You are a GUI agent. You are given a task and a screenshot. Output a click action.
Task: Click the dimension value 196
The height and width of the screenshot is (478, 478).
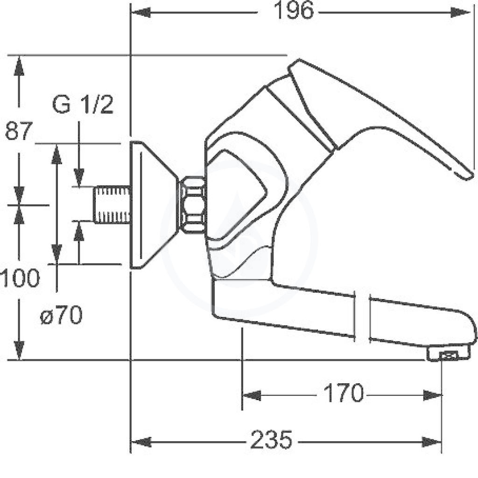pyautogui.click(x=293, y=11)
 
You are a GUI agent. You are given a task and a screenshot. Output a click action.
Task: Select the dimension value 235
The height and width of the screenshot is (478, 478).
pyautogui.click(x=271, y=440)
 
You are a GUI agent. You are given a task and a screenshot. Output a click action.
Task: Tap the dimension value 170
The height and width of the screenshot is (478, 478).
pyautogui.click(x=344, y=393)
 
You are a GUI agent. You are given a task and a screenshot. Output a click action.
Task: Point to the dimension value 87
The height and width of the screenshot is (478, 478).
pyautogui.click(x=19, y=131)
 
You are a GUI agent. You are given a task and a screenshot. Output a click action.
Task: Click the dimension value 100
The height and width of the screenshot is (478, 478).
pyautogui.click(x=20, y=278)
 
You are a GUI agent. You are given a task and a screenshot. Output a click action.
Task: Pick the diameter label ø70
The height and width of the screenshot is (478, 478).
pyautogui.click(x=61, y=315)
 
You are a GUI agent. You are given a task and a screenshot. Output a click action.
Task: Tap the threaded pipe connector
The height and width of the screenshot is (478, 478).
pyautogui.click(x=112, y=204)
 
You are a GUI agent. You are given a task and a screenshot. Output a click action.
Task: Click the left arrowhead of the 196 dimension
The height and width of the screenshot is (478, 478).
pyautogui.click(x=140, y=12)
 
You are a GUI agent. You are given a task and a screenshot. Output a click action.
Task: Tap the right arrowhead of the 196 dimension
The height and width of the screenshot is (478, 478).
pyautogui.click(x=461, y=12)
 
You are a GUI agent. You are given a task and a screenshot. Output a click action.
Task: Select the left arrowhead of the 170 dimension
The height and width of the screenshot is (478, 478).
pyautogui.click(x=252, y=396)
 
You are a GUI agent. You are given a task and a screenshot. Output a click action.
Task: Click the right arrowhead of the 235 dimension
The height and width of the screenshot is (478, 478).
pyautogui.click(x=432, y=442)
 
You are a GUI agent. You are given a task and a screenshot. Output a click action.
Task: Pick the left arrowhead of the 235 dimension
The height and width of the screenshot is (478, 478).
pyautogui.click(x=141, y=442)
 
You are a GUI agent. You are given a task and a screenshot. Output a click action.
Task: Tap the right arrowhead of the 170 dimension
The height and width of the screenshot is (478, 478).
pyautogui.click(x=432, y=396)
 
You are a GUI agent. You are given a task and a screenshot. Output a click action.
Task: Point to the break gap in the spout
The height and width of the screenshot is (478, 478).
pyautogui.click(x=362, y=317)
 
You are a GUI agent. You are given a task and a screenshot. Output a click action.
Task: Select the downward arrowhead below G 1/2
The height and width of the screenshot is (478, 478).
pyautogui.click(x=79, y=177)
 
